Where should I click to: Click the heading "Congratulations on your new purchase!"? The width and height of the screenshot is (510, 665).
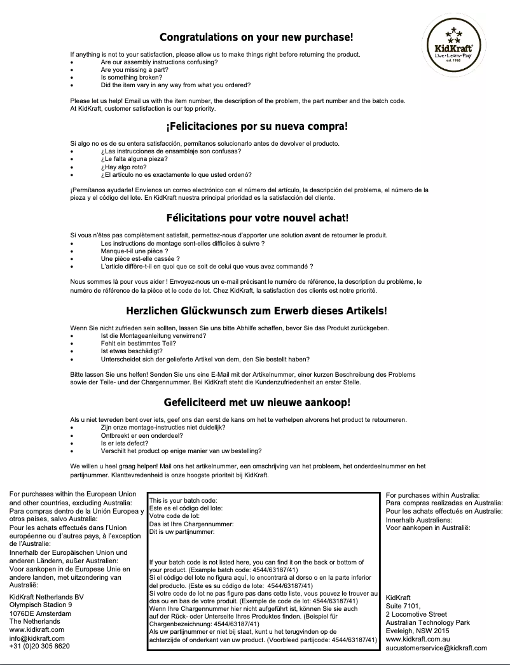click(x=256, y=38)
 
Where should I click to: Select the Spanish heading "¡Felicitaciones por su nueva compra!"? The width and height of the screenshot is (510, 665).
click(x=257, y=126)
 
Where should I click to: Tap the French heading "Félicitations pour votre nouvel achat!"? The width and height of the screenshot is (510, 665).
click(x=257, y=219)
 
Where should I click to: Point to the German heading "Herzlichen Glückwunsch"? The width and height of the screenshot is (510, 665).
click(x=257, y=311)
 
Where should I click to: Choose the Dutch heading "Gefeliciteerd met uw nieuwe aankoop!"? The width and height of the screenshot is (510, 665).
click(x=257, y=403)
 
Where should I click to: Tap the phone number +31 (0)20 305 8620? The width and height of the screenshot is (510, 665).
click(x=39, y=647)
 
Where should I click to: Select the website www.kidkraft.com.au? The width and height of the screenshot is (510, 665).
click(x=418, y=639)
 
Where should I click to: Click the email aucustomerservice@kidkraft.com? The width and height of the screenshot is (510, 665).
click(x=436, y=648)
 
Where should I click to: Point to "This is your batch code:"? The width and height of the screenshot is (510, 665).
click(x=183, y=501)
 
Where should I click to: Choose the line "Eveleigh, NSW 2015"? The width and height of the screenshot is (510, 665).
click(x=417, y=631)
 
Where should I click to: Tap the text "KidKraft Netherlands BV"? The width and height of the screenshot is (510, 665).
click(x=46, y=597)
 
